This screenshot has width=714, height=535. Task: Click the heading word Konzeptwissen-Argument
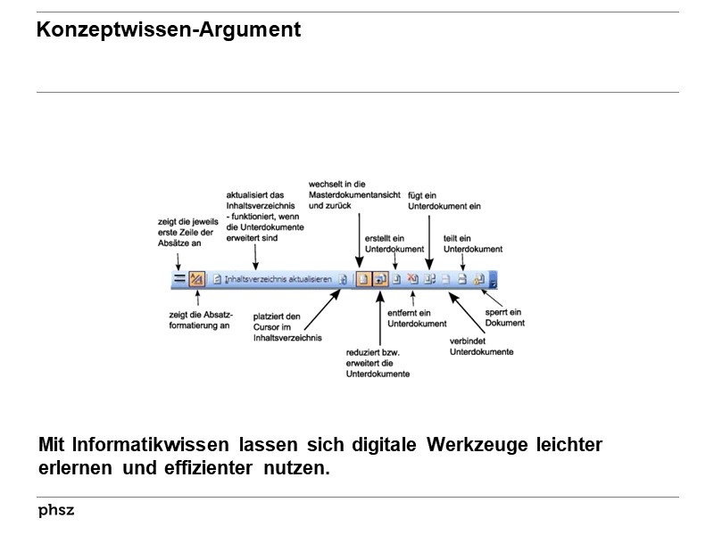169,30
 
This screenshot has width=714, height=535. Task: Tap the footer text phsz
56,510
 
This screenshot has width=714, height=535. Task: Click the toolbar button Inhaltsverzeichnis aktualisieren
278,279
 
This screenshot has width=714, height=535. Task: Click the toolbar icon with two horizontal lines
178,279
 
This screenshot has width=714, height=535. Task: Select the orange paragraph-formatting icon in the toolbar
196,279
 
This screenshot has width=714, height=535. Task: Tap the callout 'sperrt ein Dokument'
505,317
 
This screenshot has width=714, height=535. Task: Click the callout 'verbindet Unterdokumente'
481,345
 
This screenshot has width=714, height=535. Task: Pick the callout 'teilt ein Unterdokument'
473,243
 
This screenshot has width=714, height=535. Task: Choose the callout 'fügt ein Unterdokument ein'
444,200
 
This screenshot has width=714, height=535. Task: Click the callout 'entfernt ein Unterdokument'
409,318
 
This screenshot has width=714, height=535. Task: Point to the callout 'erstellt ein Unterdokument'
394,243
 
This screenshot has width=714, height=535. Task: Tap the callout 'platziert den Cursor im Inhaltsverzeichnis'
286,326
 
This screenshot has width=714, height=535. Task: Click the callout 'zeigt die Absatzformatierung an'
199,319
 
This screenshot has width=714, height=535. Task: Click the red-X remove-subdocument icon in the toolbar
412,279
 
